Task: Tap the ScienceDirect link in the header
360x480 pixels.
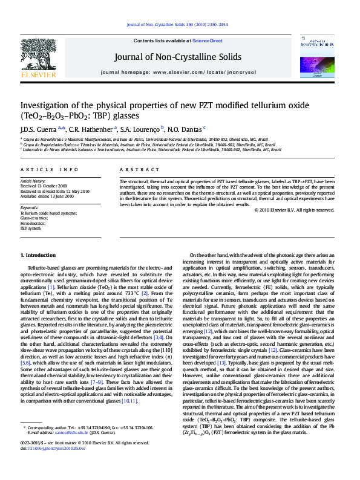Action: (208, 41)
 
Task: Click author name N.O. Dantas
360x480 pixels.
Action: (186, 128)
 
